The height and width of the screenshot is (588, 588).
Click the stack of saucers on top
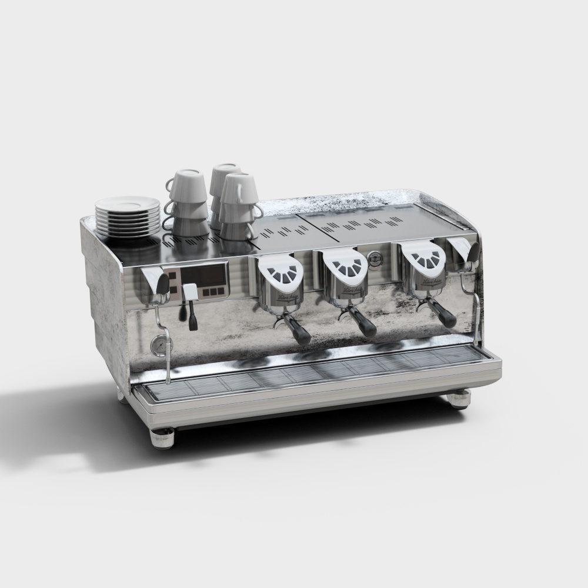[x=128, y=216]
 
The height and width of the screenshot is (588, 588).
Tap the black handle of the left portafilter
[x=301, y=333]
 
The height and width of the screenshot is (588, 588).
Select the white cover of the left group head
[x=282, y=272]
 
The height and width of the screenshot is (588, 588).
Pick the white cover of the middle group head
[x=347, y=266]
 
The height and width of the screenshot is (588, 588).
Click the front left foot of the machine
[x=163, y=438]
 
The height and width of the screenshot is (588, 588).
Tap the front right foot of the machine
[x=459, y=400]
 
